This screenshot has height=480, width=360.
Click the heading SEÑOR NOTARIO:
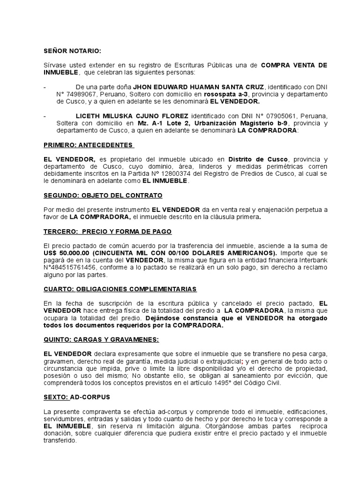click(72, 51)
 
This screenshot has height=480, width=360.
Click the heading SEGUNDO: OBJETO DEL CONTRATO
click(103, 195)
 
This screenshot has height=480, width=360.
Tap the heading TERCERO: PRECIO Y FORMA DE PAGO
click(107, 232)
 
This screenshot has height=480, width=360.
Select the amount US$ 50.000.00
click(64, 253)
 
